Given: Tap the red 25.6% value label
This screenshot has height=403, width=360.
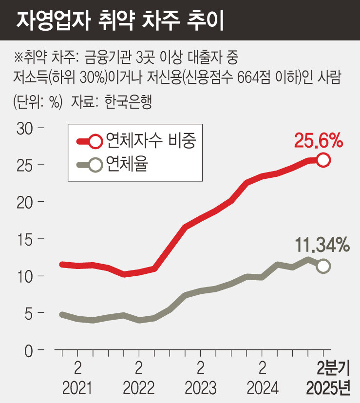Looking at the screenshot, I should click(x=319, y=141).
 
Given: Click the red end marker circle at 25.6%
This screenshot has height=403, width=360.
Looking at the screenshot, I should click(x=323, y=159).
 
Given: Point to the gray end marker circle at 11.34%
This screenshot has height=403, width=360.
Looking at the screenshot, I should click(x=323, y=266).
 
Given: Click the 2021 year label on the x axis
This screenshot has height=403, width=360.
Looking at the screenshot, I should click(x=77, y=388).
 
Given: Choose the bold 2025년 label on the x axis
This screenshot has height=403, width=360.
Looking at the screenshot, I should click(x=328, y=388).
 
